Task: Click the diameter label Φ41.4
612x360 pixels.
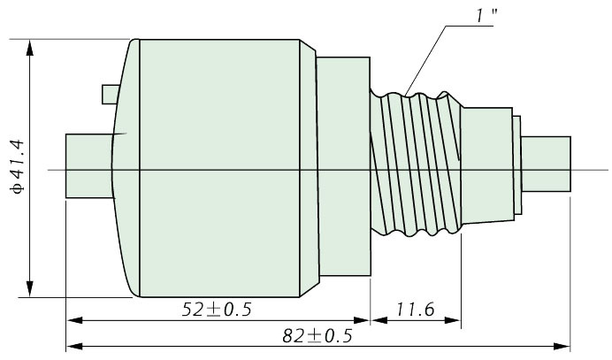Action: click(18, 166)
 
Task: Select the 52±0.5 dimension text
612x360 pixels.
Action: click(217, 310)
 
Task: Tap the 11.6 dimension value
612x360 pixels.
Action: click(416, 310)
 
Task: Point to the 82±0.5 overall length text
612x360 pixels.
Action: click(317, 336)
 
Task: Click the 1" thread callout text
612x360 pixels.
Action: click(486, 16)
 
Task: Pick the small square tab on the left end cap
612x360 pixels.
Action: click(110, 95)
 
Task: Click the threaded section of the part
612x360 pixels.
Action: click(416, 164)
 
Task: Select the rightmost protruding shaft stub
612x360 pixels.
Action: click(546, 164)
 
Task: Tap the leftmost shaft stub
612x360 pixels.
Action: click(89, 166)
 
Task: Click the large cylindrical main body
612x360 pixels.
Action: click(219, 168)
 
